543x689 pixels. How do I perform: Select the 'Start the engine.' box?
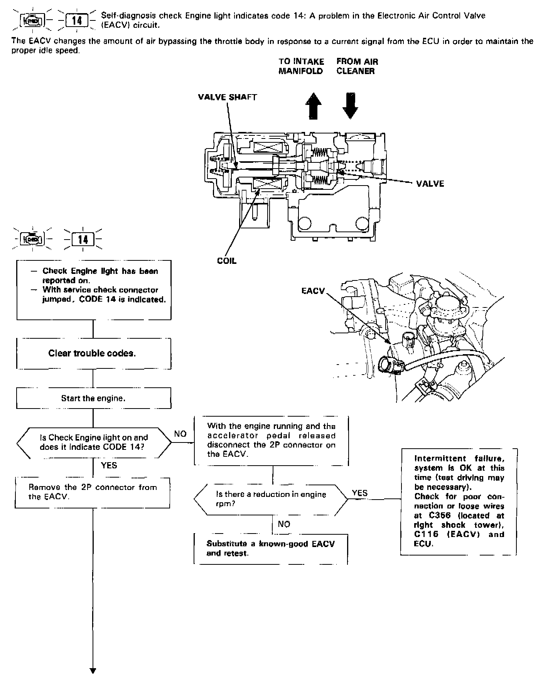[x=93, y=398]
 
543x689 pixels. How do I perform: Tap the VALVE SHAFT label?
[x=227, y=97]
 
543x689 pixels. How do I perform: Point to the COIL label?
[x=227, y=261]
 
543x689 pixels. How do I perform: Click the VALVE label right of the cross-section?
[x=430, y=184]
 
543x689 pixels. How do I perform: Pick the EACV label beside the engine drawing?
[x=313, y=291]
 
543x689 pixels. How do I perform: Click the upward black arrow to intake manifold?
[x=314, y=106]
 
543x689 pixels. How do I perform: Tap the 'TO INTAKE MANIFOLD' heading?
[x=301, y=66]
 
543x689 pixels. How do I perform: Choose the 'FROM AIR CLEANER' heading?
[x=357, y=66]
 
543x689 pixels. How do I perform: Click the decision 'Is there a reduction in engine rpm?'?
[x=271, y=499]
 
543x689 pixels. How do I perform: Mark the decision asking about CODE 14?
[x=94, y=442]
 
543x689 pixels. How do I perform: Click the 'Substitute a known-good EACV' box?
[x=271, y=548]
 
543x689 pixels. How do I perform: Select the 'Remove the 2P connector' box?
[x=93, y=492]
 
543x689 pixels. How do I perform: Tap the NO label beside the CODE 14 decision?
[x=180, y=434]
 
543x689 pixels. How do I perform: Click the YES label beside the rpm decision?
[x=360, y=493]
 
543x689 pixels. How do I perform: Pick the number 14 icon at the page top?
[x=77, y=20]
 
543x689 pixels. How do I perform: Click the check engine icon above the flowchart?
[x=34, y=239]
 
